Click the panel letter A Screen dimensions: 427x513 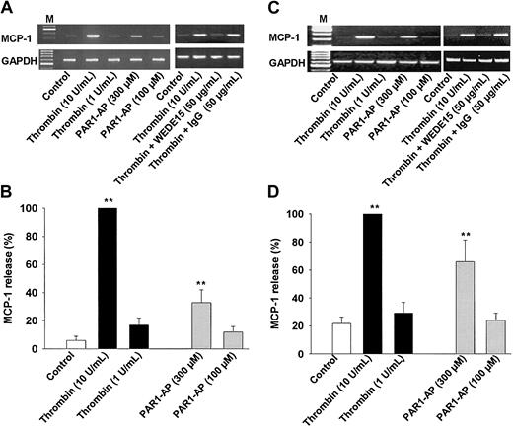pos(7,8)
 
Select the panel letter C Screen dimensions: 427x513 pos(269,8)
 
